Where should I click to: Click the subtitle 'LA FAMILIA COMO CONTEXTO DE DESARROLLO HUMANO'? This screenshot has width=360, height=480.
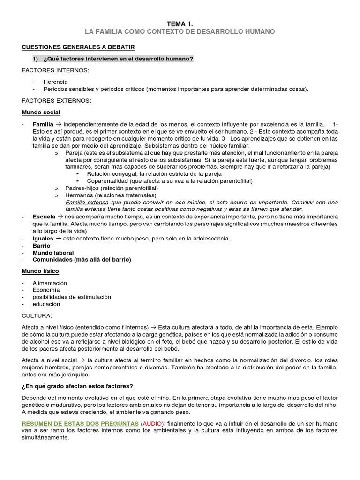click(x=180, y=31)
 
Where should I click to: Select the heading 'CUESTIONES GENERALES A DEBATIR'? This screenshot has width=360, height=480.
click(x=78, y=47)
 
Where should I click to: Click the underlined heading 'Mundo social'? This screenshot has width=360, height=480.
click(x=41, y=112)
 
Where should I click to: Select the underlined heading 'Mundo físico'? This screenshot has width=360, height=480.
click(x=40, y=271)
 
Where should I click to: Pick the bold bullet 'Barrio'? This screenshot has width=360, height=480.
click(x=41, y=246)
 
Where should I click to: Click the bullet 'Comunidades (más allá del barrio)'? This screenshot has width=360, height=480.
click(x=82, y=260)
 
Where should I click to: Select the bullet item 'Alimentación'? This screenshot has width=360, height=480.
click(x=50, y=283)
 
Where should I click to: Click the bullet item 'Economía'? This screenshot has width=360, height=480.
click(x=46, y=290)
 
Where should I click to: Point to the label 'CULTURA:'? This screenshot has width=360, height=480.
click(x=37, y=315)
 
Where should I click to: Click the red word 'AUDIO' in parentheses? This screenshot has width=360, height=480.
click(x=152, y=423)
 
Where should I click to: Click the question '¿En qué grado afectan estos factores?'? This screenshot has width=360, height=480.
click(x=77, y=386)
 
